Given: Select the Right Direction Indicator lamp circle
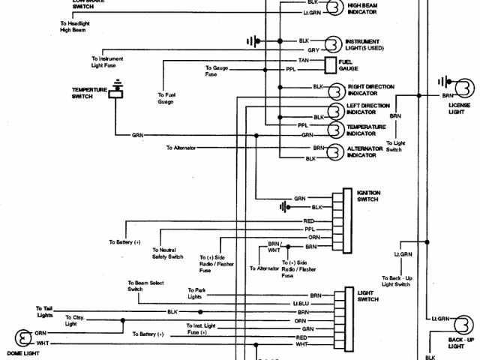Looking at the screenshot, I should point(334,91).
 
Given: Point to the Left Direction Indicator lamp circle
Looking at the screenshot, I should point(334,112).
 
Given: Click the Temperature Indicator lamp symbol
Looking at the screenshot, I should point(334,130).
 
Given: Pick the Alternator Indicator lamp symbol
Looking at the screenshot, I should point(334,152).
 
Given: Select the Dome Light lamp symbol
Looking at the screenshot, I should point(16,337).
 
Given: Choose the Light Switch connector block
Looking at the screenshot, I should point(347,315).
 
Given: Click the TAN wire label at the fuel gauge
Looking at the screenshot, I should point(303,59).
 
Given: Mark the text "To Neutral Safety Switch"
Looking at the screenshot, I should point(168,253).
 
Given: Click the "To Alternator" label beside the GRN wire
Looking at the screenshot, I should point(181,148).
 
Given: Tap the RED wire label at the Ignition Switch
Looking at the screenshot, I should point(308,220).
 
